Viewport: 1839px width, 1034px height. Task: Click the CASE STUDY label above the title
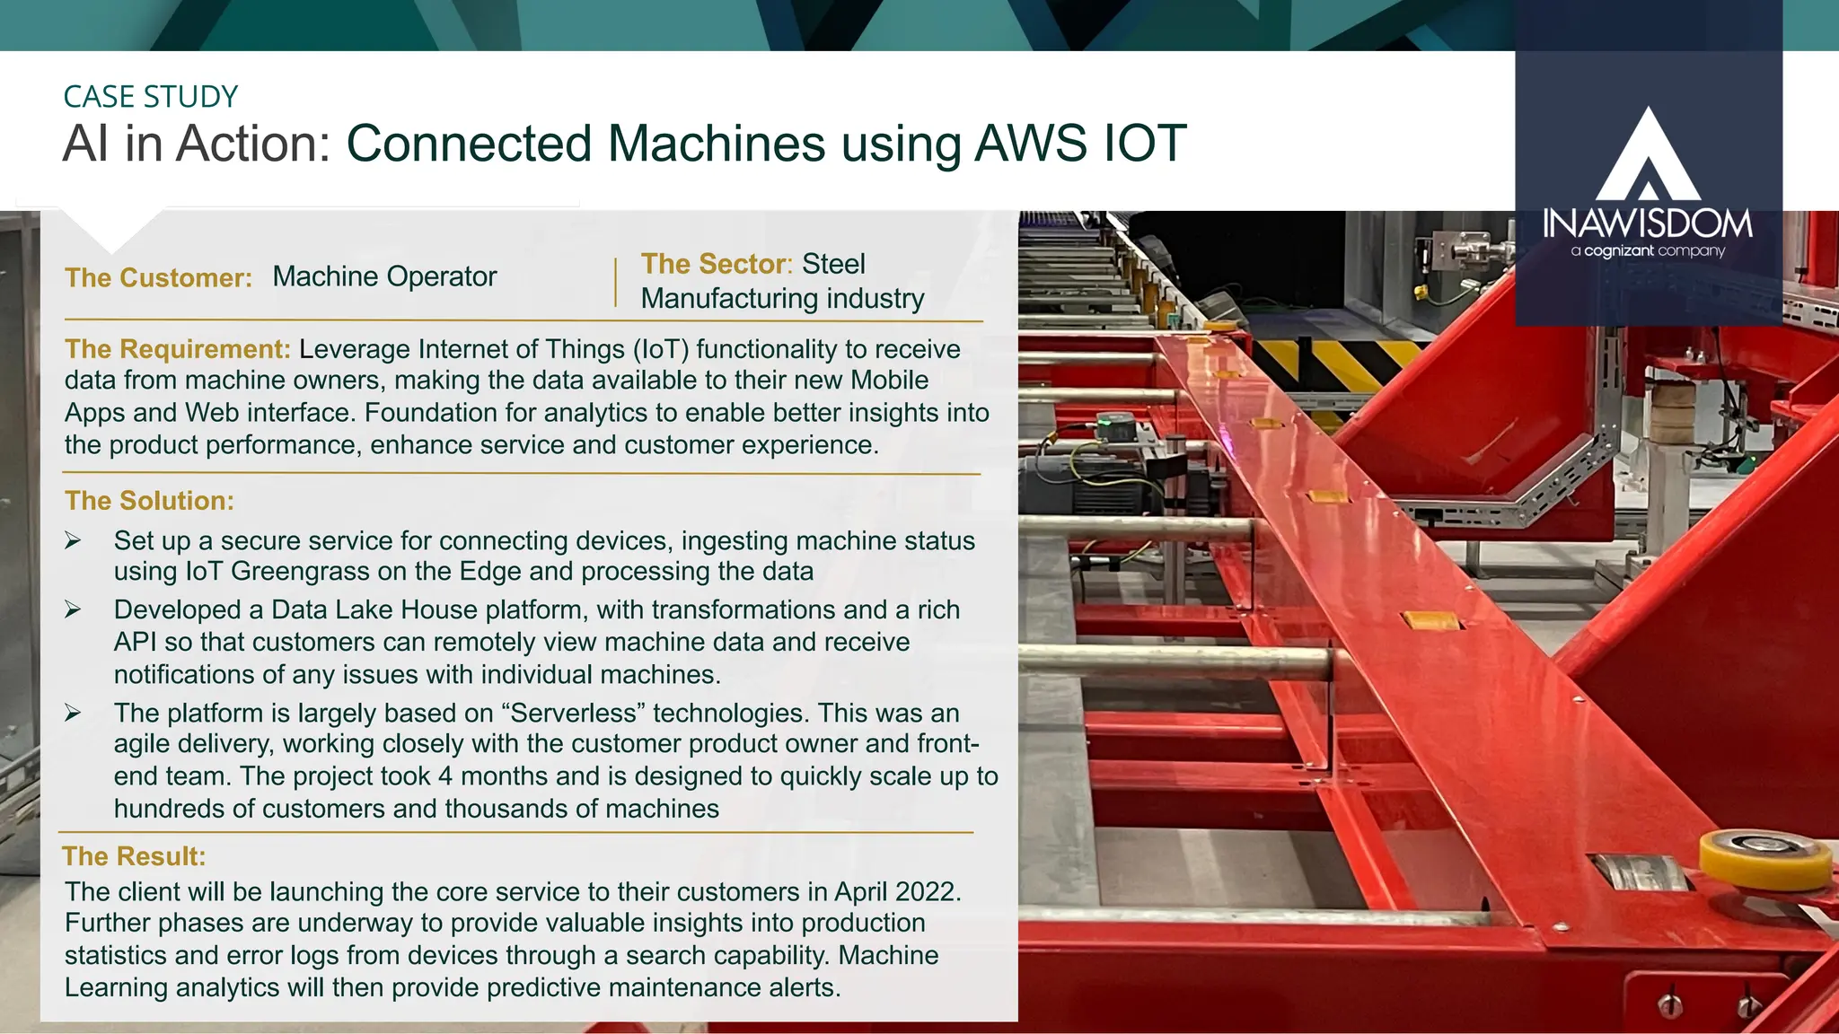click(x=150, y=97)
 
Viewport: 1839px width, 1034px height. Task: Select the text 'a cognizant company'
click(x=1648, y=250)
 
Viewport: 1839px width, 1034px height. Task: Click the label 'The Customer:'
click(x=158, y=278)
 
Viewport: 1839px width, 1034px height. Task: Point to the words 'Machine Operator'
click(x=384, y=276)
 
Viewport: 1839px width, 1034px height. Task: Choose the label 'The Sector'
click(x=713, y=264)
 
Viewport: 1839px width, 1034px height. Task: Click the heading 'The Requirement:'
click(x=177, y=349)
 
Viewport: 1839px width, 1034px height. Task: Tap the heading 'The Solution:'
click(x=149, y=501)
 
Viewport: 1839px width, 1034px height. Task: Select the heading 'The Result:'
click(x=134, y=856)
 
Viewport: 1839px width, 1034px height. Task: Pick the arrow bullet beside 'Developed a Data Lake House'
click(x=73, y=610)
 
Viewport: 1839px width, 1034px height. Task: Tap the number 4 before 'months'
click(x=445, y=776)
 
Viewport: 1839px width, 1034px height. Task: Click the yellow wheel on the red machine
click(x=1765, y=857)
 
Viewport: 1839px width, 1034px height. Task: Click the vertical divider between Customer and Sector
click(x=616, y=282)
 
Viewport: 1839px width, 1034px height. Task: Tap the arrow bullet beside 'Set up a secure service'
click(x=73, y=541)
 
